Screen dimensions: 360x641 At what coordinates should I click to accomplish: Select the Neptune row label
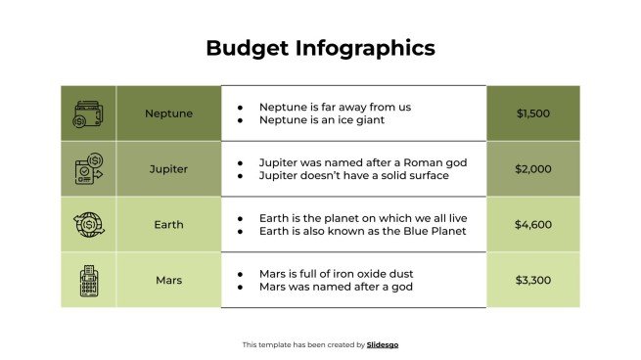169,113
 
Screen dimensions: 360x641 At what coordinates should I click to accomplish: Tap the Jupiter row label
168,169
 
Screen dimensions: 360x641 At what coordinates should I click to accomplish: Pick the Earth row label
168,225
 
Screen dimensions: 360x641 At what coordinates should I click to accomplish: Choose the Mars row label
168,281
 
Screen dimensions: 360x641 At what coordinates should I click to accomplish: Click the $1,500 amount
533,113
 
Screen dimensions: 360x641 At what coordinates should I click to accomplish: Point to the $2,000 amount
533,169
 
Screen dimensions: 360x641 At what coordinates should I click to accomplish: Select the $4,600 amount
533,225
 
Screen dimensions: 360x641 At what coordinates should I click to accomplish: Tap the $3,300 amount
533,281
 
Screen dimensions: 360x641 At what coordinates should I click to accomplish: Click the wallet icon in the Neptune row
88,113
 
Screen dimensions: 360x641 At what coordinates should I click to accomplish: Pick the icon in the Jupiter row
88,169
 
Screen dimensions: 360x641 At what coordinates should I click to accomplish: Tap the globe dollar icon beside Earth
88,225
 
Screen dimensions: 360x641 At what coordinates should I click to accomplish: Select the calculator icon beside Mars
88,281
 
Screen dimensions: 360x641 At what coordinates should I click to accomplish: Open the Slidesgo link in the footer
383,344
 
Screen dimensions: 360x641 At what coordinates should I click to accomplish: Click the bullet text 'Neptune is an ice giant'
322,120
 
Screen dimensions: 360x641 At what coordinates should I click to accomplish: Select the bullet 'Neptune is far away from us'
335,107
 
